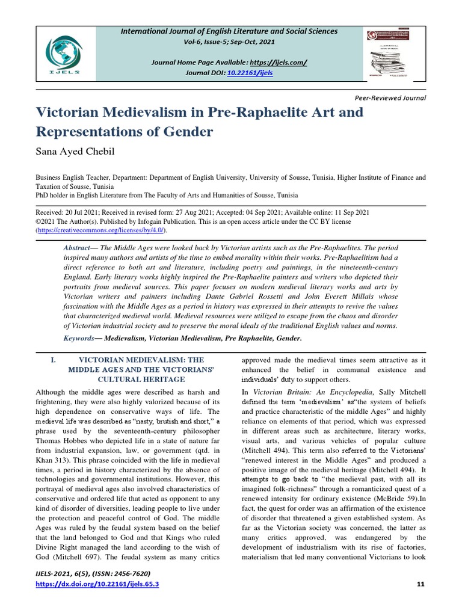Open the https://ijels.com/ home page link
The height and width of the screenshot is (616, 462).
pyautogui.click(x=279, y=63)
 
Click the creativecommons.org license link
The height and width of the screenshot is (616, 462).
pyautogui.click(x=100, y=230)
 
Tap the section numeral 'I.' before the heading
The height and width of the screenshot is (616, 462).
pyautogui.click(x=54, y=360)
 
